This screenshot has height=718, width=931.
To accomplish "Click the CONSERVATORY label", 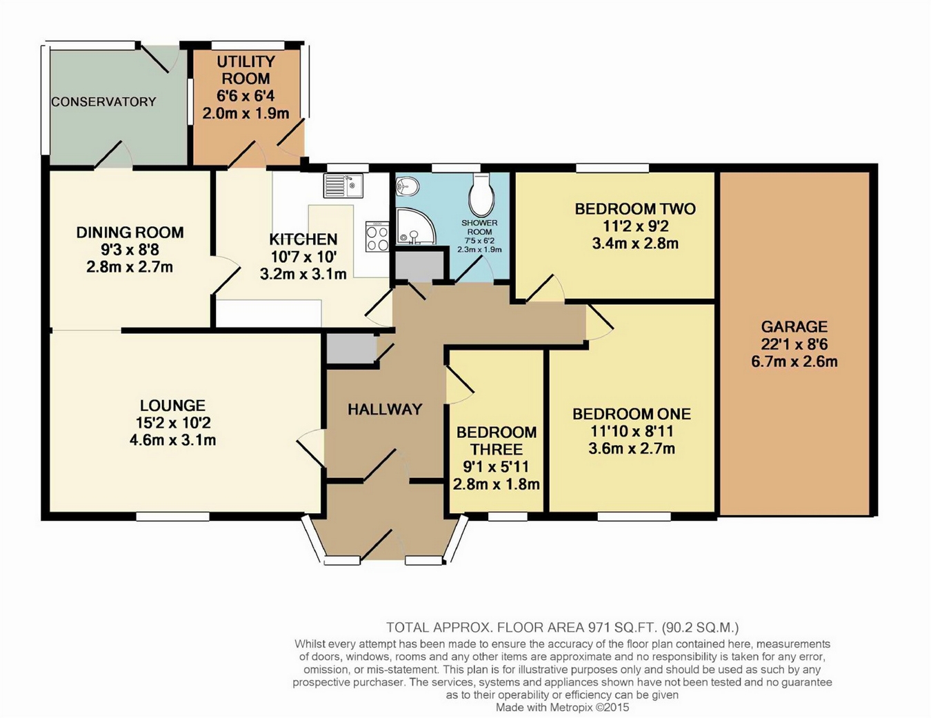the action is tap(103, 102).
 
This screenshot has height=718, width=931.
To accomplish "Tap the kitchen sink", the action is tap(343, 186).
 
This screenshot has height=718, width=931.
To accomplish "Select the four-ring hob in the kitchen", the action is tap(377, 237).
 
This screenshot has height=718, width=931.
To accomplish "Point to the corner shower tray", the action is tap(414, 226).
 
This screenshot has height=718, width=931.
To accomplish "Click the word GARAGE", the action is tap(794, 327).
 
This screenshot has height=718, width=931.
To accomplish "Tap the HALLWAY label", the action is tap(386, 410).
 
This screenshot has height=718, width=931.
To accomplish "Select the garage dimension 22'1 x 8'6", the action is tap(794, 344).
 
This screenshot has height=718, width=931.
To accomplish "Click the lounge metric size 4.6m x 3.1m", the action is tap(172, 440).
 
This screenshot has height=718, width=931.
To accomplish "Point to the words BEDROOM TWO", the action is tap(635, 209).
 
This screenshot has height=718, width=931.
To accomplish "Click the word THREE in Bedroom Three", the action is tap(497, 450).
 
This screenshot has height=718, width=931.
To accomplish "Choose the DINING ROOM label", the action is tap(130, 232).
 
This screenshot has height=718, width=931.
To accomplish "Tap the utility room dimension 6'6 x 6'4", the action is tap(246, 96).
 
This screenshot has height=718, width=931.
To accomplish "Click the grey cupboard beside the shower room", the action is tap(419, 266).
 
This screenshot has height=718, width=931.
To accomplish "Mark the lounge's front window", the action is tap(172, 517).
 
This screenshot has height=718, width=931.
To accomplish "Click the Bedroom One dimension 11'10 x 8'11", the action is tap(632, 431).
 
